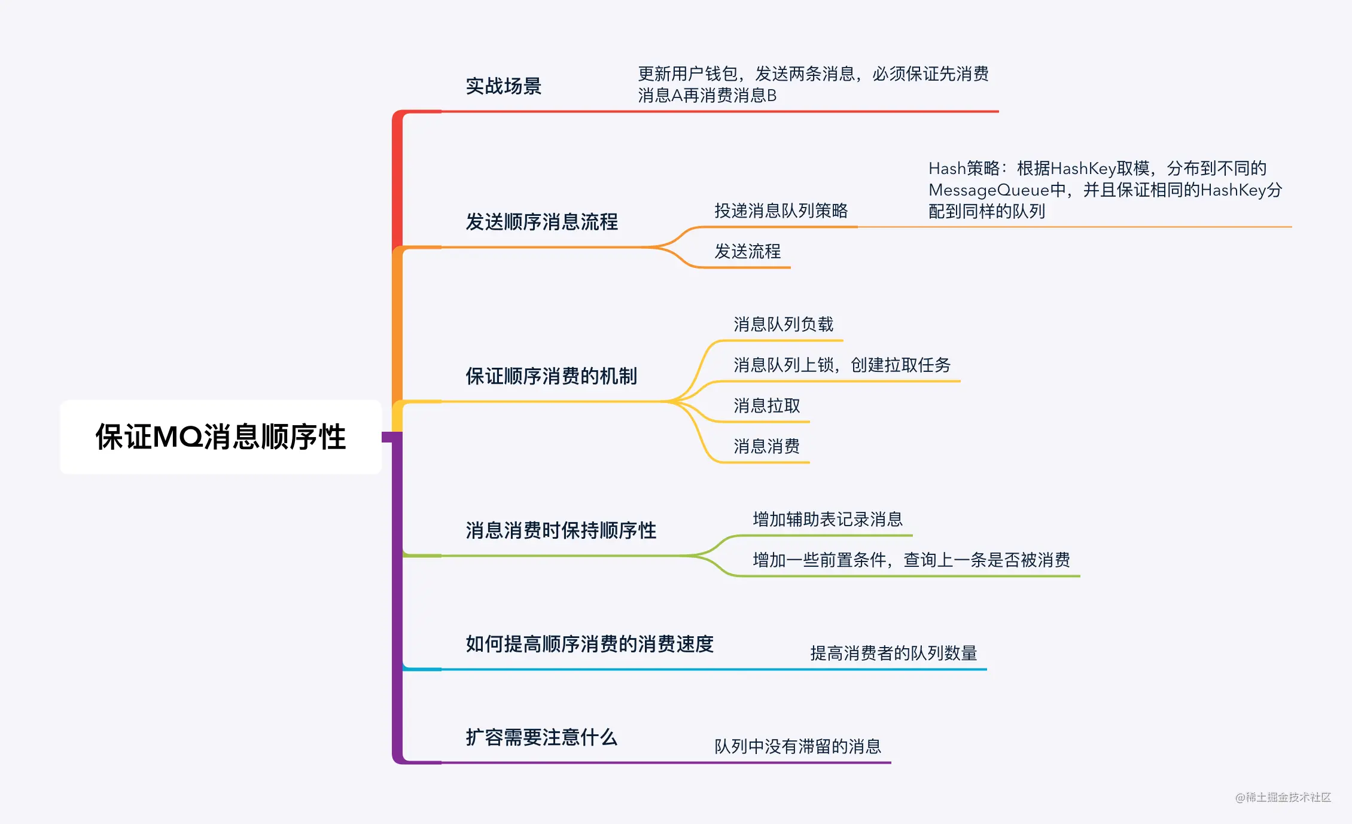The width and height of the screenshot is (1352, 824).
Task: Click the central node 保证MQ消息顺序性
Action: (220, 437)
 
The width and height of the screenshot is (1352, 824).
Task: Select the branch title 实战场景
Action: (503, 86)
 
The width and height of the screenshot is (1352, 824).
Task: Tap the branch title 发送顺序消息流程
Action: (541, 222)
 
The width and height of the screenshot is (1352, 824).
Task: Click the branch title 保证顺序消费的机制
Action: (551, 376)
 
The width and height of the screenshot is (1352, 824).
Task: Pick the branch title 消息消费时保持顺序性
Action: (561, 530)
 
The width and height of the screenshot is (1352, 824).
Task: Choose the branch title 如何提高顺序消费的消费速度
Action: (589, 644)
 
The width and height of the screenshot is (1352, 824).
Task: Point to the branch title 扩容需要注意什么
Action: (541, 737)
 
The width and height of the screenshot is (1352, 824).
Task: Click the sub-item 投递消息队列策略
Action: (781, 210)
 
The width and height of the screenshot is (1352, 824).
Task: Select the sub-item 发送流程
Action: (747, 251)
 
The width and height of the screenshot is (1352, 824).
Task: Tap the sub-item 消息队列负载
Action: (783, 324)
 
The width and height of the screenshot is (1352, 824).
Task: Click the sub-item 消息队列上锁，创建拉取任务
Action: (842, 365)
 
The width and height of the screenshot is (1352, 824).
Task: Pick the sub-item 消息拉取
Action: (766, 405)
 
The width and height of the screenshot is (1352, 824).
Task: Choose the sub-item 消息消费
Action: (766, 446)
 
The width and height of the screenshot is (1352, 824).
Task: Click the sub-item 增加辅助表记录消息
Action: (827, 519)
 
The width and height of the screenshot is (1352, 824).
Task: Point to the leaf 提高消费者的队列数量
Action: (893, 653)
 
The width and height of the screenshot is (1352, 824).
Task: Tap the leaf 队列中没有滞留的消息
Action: (797, 746)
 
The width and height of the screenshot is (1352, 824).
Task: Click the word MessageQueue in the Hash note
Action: (989, 190)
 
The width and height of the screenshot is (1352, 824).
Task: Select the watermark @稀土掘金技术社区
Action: (1283, 797)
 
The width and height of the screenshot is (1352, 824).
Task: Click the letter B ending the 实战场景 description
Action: (771, 96)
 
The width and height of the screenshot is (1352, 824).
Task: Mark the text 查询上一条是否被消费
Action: (986, 560)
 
